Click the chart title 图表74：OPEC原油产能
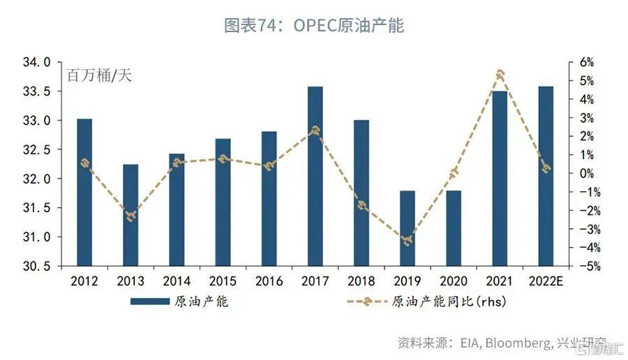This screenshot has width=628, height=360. coord(314,26)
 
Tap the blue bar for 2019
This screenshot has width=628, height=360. coord(408,228)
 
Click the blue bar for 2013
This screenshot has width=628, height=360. coord(130,215)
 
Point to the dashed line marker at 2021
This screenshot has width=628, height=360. coord(500,73)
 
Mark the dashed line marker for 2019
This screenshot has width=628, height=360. coord(408,241)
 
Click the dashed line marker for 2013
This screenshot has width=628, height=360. coord(130,216)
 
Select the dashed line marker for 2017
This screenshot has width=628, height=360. coord(315,130)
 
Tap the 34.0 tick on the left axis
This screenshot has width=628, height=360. coord(36,63)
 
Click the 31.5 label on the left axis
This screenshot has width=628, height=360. coord(36,208)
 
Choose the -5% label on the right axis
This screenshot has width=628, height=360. coord(585,267)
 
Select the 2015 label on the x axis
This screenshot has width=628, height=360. coord(223,281)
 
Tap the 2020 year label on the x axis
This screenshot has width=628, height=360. coord(454,281)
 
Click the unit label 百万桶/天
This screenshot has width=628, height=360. coord(99,75)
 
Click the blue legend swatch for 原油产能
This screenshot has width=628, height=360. coord(149,302)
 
